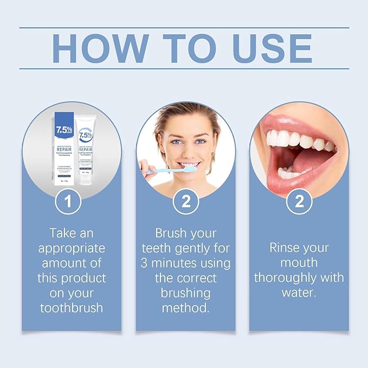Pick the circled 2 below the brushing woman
pyautogui.click(x=185, y=202)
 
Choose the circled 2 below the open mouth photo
pyautogui.click(x=299, y=202)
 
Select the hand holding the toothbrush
pyautogui.click(x=146, y=168)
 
